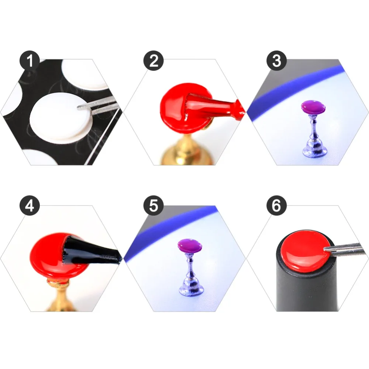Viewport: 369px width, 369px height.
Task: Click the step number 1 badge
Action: pyautogui.click(x=30, y=61)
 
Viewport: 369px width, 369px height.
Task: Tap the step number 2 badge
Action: pyautogui.click(x=154, y=61)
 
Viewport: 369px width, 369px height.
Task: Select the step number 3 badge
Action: pyautogui.click(x=276, y=61)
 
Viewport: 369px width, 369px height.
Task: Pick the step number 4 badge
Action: pyautogui.click(x=30, y=206)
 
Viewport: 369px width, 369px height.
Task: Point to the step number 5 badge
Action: pyautogui.click(x=154, y=206)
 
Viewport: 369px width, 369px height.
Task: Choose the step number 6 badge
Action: pyautogui.click(x=276, y=206)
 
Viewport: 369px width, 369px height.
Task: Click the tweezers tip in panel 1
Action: pyautogui.click(x=78, y=107)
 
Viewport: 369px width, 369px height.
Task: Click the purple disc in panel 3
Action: pyautogui.click(x=313, y=107)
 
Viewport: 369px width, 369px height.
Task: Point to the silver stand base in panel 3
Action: pyautogui.click(x=314, y=149)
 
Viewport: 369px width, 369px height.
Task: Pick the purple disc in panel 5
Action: pyautogui.click(x=190, y=246)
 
